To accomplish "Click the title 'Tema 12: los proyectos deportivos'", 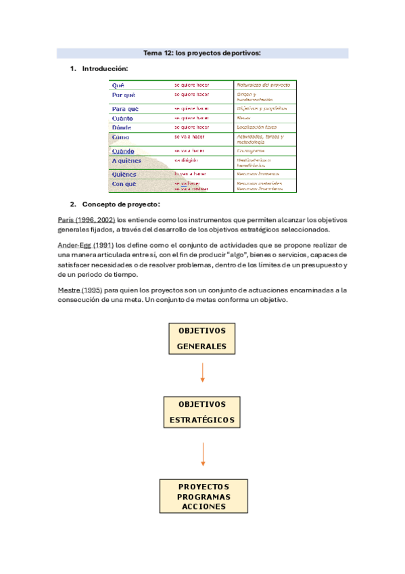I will tap(202, 53).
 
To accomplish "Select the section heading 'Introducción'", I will tap(104, 69).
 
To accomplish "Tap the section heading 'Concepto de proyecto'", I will tap(120, 204).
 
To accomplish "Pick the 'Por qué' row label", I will tap(123, 95).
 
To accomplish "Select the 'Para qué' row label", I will tap(125, 108).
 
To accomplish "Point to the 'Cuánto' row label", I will tap(122, 118).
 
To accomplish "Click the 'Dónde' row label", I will tap(122, 127).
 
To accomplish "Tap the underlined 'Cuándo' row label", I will tap(123, 151).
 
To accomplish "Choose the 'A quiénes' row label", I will tap(127, 161).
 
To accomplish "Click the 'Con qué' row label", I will tap(124, 183).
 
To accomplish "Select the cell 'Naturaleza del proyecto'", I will tap(263, 85).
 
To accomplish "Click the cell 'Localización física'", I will tap(256, 127).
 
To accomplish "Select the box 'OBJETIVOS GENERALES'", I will tap(201, 338).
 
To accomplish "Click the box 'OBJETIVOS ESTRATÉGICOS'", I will tap(201, 412).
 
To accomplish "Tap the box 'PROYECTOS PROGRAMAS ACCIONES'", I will tap(204, 496).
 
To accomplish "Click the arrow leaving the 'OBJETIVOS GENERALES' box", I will tap(202, 372).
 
